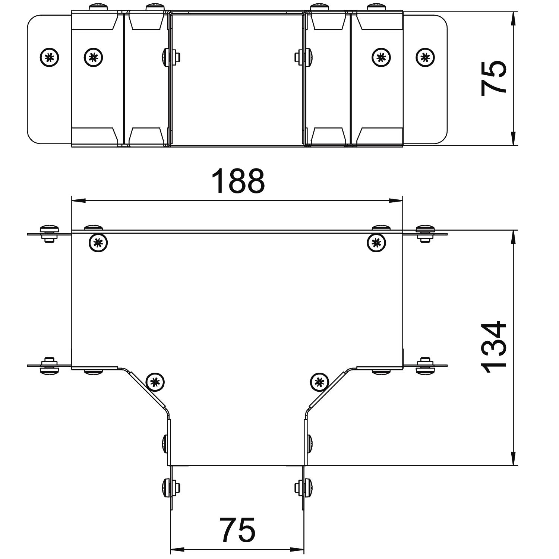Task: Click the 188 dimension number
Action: pos(238,181)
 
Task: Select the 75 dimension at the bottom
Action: pos(238,530)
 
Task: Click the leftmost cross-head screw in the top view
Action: pos(50,57)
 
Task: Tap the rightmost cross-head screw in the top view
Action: pos(425,57)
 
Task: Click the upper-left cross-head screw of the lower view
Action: pos(98,243)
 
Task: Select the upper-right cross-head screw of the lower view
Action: pos(376,243)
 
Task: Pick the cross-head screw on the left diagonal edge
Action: pos(155,382)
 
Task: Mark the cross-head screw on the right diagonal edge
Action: pos(319,382)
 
